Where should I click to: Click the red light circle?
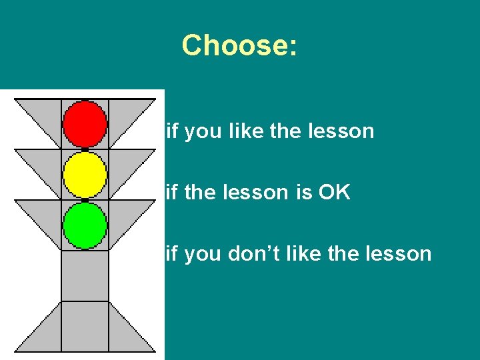coord(85,123)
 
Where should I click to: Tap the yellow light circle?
coord(85,175)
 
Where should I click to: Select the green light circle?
coord(85,225)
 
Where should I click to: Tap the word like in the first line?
coord(247,131)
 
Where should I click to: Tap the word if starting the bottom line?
coord(171,253)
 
